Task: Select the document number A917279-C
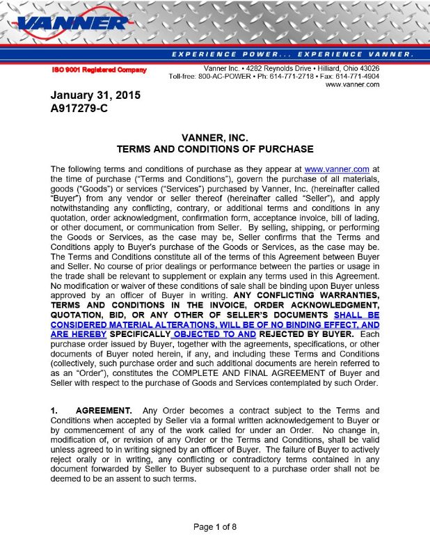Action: (79, 109)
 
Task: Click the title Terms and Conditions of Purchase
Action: (214, 149)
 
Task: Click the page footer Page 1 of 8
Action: (215, 526)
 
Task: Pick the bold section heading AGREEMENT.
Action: (104, 409)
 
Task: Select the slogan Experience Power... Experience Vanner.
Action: (292, 54)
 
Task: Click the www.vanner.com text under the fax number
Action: (352, 84)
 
